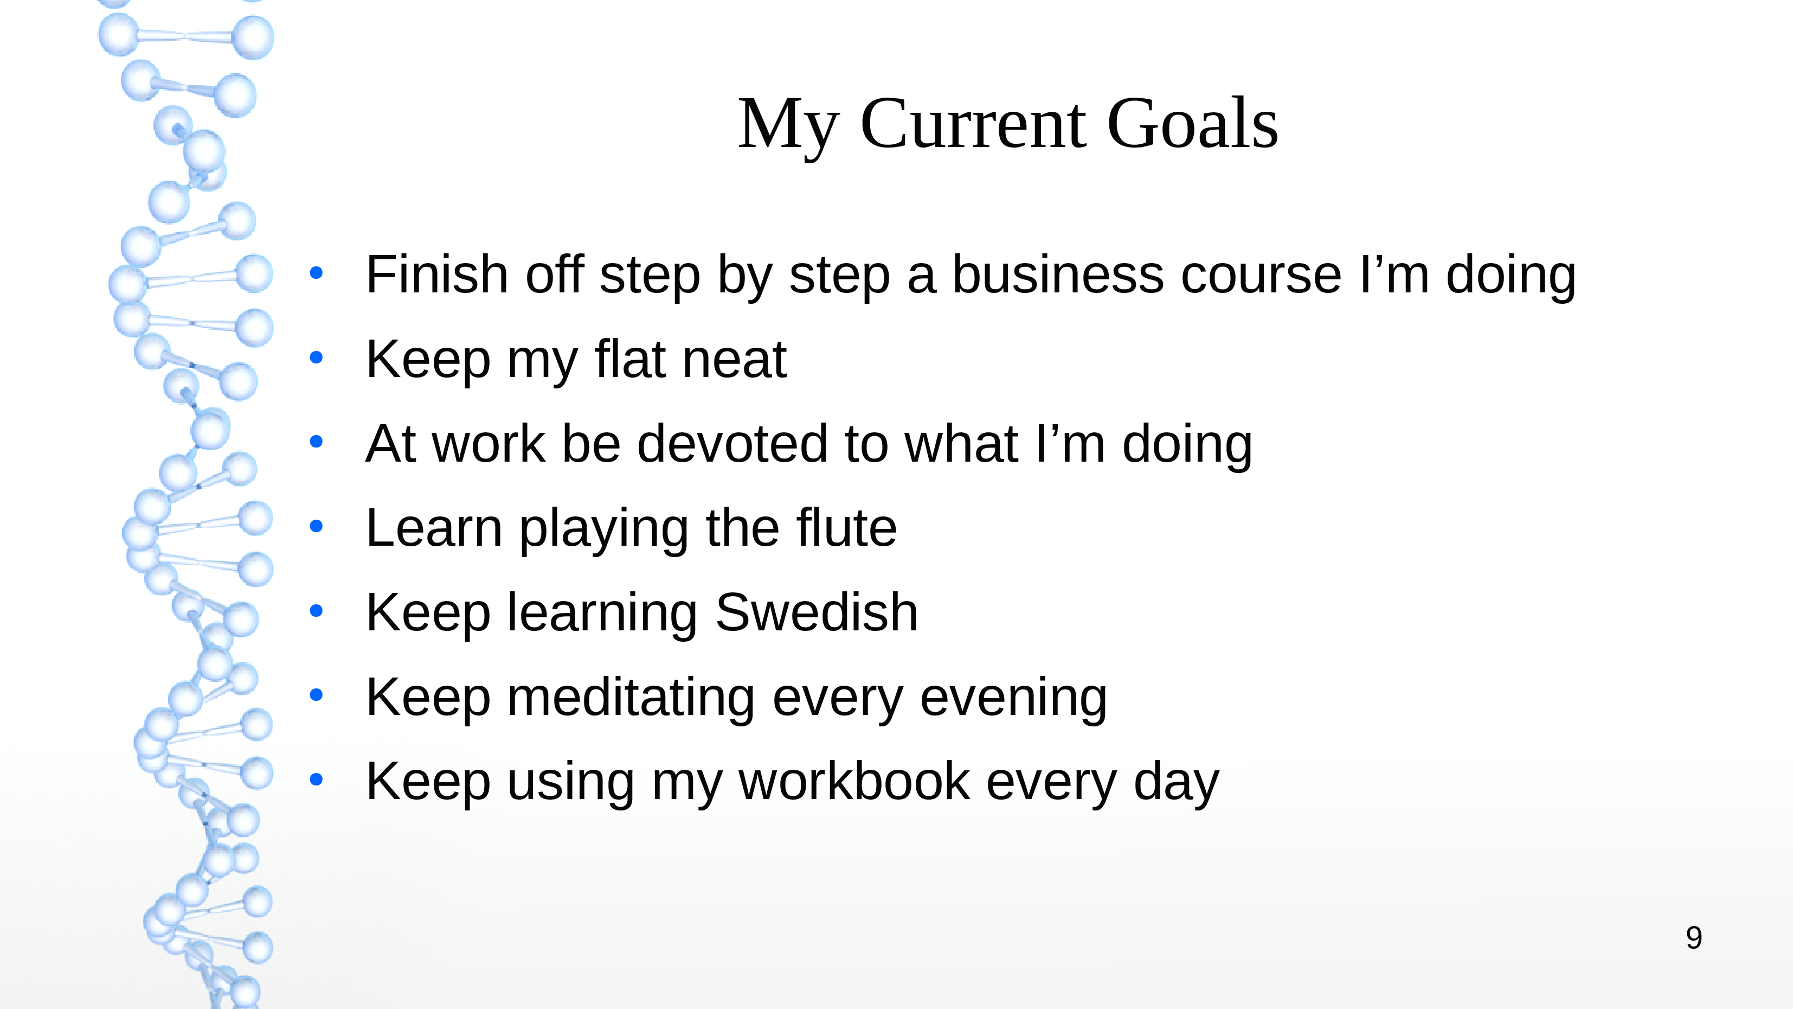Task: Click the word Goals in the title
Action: [1192, 123]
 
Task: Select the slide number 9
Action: [1694, 938]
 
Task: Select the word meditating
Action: [631, 697]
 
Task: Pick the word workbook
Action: [854, 781]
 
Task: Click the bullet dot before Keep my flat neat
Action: [317, 358]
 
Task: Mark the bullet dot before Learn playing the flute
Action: [317, 526]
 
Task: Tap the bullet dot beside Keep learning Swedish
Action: [317, 611]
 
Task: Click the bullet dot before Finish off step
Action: [317, 273]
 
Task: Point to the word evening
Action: [1013, 697]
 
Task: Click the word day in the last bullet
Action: [1177, 781]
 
